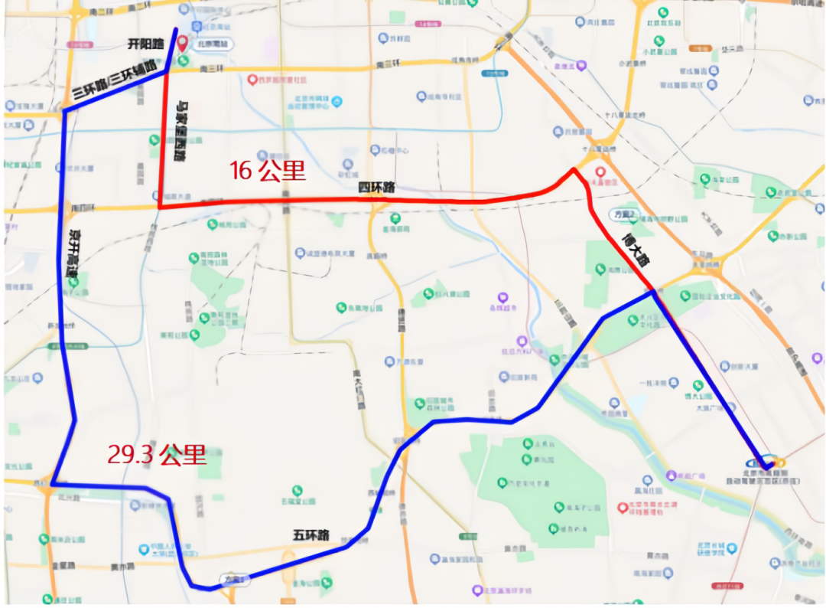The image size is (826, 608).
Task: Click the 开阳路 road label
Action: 145,44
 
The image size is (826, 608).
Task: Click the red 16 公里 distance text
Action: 268,171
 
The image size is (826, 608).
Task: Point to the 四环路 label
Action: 376,188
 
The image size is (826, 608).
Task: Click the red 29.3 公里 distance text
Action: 157,455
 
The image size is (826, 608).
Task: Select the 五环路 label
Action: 311,534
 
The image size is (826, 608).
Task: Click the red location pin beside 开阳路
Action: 183,42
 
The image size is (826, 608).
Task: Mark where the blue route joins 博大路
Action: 652,291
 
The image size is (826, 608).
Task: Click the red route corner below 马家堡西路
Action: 159,208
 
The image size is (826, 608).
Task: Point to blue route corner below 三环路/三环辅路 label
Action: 64,112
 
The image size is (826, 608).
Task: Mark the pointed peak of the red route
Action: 573,169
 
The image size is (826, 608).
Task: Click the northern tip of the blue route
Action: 177,30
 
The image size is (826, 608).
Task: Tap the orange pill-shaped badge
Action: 699,47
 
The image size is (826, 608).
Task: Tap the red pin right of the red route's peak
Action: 600,173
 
